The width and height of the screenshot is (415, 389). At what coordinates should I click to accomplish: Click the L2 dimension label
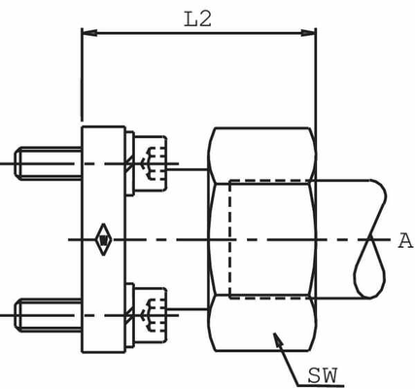click(x=197, y=19)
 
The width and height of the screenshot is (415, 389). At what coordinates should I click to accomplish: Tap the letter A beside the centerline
click(x=405, y=241)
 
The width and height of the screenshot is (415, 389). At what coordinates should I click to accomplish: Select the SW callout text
click(x=323, y=375)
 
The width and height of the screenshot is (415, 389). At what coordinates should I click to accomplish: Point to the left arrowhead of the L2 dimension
click(x=89, y=33)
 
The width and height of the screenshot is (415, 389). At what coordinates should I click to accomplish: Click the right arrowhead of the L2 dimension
click(x=308, y=33)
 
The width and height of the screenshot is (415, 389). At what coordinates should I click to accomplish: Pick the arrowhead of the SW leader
click(x=278, y=339)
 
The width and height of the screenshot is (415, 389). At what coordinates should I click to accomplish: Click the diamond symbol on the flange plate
click(x=103, y=240)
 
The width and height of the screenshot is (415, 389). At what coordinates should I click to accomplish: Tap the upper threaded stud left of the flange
click(x=48, y=163)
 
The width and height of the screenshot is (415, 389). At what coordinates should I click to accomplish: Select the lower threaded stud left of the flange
click(x=48, y=315)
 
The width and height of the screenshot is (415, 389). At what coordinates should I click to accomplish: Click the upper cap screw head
click(x=151, y=163)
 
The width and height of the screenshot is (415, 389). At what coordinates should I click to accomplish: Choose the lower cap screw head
click(x=151, y=315)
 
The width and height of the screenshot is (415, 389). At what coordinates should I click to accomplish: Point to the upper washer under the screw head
click(x=130, y=163)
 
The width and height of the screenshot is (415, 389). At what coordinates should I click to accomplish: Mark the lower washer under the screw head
click(x=130, y=315)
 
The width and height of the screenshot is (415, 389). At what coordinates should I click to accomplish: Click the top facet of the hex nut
click(x=261, y=156)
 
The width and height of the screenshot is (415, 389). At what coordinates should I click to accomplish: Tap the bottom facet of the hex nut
click(x=261, y=323)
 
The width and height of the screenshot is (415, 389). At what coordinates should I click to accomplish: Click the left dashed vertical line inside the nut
click(x=229, y=239)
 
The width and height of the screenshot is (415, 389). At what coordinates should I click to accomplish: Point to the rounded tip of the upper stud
click(x=17, y=163)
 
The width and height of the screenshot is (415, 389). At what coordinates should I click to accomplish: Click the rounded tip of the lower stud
click(x=17, y=315)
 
